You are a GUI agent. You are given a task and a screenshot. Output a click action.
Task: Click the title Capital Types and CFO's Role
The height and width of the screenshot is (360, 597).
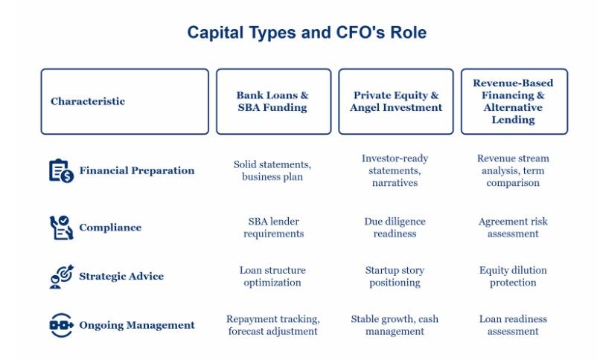click(307, 32)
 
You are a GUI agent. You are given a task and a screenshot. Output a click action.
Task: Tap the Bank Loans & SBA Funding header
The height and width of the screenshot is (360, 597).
click(273, 102)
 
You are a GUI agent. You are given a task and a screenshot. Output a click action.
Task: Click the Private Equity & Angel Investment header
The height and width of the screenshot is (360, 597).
click(396, 102)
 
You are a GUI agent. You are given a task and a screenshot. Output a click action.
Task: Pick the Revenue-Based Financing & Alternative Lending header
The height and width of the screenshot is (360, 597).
click(514, 102)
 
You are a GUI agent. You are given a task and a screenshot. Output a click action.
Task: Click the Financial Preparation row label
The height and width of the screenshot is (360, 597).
click(137, 170)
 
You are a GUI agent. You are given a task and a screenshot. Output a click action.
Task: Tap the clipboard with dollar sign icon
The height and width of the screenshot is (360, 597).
click(61, 171)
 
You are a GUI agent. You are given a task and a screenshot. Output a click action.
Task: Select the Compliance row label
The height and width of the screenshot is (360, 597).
click(110, 228)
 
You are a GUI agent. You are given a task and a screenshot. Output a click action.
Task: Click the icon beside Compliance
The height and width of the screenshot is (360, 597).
click(61, 228)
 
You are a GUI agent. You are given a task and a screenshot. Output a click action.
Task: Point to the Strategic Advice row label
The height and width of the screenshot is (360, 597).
click(121, 276)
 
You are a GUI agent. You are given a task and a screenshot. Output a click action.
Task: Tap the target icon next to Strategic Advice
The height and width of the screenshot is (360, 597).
click(61, 277)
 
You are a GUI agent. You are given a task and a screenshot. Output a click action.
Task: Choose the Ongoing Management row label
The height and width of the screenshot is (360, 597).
click(137, 325)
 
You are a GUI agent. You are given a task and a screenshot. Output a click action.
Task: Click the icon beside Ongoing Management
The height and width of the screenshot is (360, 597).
click(61, 325)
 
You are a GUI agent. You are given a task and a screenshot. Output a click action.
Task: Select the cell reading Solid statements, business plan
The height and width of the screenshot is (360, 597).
click(272, 170)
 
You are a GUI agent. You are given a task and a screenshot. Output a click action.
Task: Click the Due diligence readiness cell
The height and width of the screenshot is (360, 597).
click(395, 228)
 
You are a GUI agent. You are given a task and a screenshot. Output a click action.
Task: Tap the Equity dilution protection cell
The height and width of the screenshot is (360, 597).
click(513, 276)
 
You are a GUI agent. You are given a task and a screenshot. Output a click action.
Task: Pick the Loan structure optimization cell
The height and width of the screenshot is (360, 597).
click(272, 276)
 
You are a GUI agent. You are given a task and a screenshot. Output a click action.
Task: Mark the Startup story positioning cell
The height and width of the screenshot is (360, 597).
click(395, 276)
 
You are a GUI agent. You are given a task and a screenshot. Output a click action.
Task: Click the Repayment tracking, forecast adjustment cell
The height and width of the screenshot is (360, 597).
click(272, 325)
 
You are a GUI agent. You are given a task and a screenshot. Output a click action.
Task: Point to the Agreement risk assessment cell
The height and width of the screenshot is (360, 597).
click(513, 228)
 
